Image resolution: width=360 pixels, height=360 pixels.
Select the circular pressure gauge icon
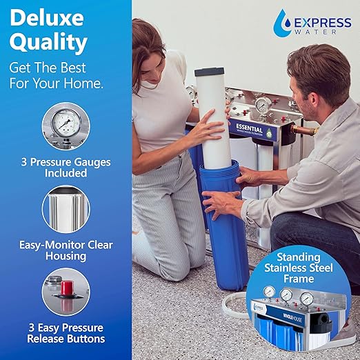point(66,126)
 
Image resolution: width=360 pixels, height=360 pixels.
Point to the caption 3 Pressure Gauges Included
point(66,167)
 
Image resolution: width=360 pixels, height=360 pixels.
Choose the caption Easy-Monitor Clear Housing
point(66,250)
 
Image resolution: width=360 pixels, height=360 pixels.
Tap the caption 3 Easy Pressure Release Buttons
point(66,332)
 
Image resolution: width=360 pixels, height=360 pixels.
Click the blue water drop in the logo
point(280,20)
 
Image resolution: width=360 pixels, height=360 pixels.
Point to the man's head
point(317,76)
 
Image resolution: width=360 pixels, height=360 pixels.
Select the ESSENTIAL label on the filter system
point(252,128)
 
